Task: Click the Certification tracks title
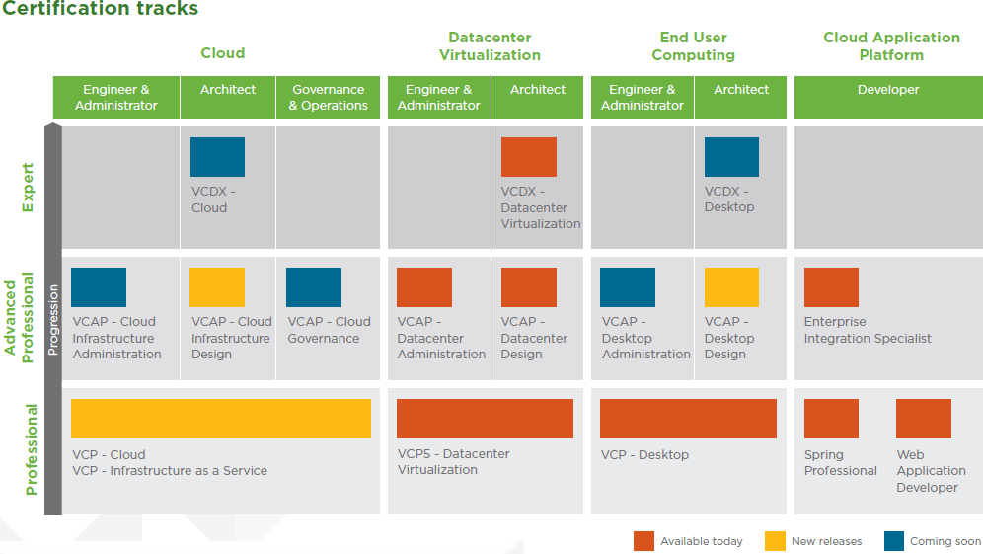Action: pos(100,10)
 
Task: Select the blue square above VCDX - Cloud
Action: pos(217,157)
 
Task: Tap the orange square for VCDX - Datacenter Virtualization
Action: pos(529,157)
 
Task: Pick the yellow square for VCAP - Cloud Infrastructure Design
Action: pos(217,287)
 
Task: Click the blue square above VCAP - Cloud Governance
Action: pos(314,287)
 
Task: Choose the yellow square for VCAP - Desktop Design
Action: pos(731,287)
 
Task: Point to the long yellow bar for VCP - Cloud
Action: pos(221,419)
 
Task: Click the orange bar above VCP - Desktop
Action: pos(688,419)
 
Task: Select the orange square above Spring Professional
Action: pos(831,419)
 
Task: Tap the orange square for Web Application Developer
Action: pos(924,419)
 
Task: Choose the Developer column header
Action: pos(888,90)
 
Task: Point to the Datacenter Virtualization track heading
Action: pos(490,46)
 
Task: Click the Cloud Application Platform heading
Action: pos(891,46)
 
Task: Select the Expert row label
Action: pos(28,188)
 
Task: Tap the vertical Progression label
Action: pos(53,320)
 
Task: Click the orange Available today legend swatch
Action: pos(643,541)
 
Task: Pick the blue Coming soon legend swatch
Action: pos(894,541)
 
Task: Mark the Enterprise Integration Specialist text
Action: pos(868,330)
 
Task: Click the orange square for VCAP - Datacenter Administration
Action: pos(424,287)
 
